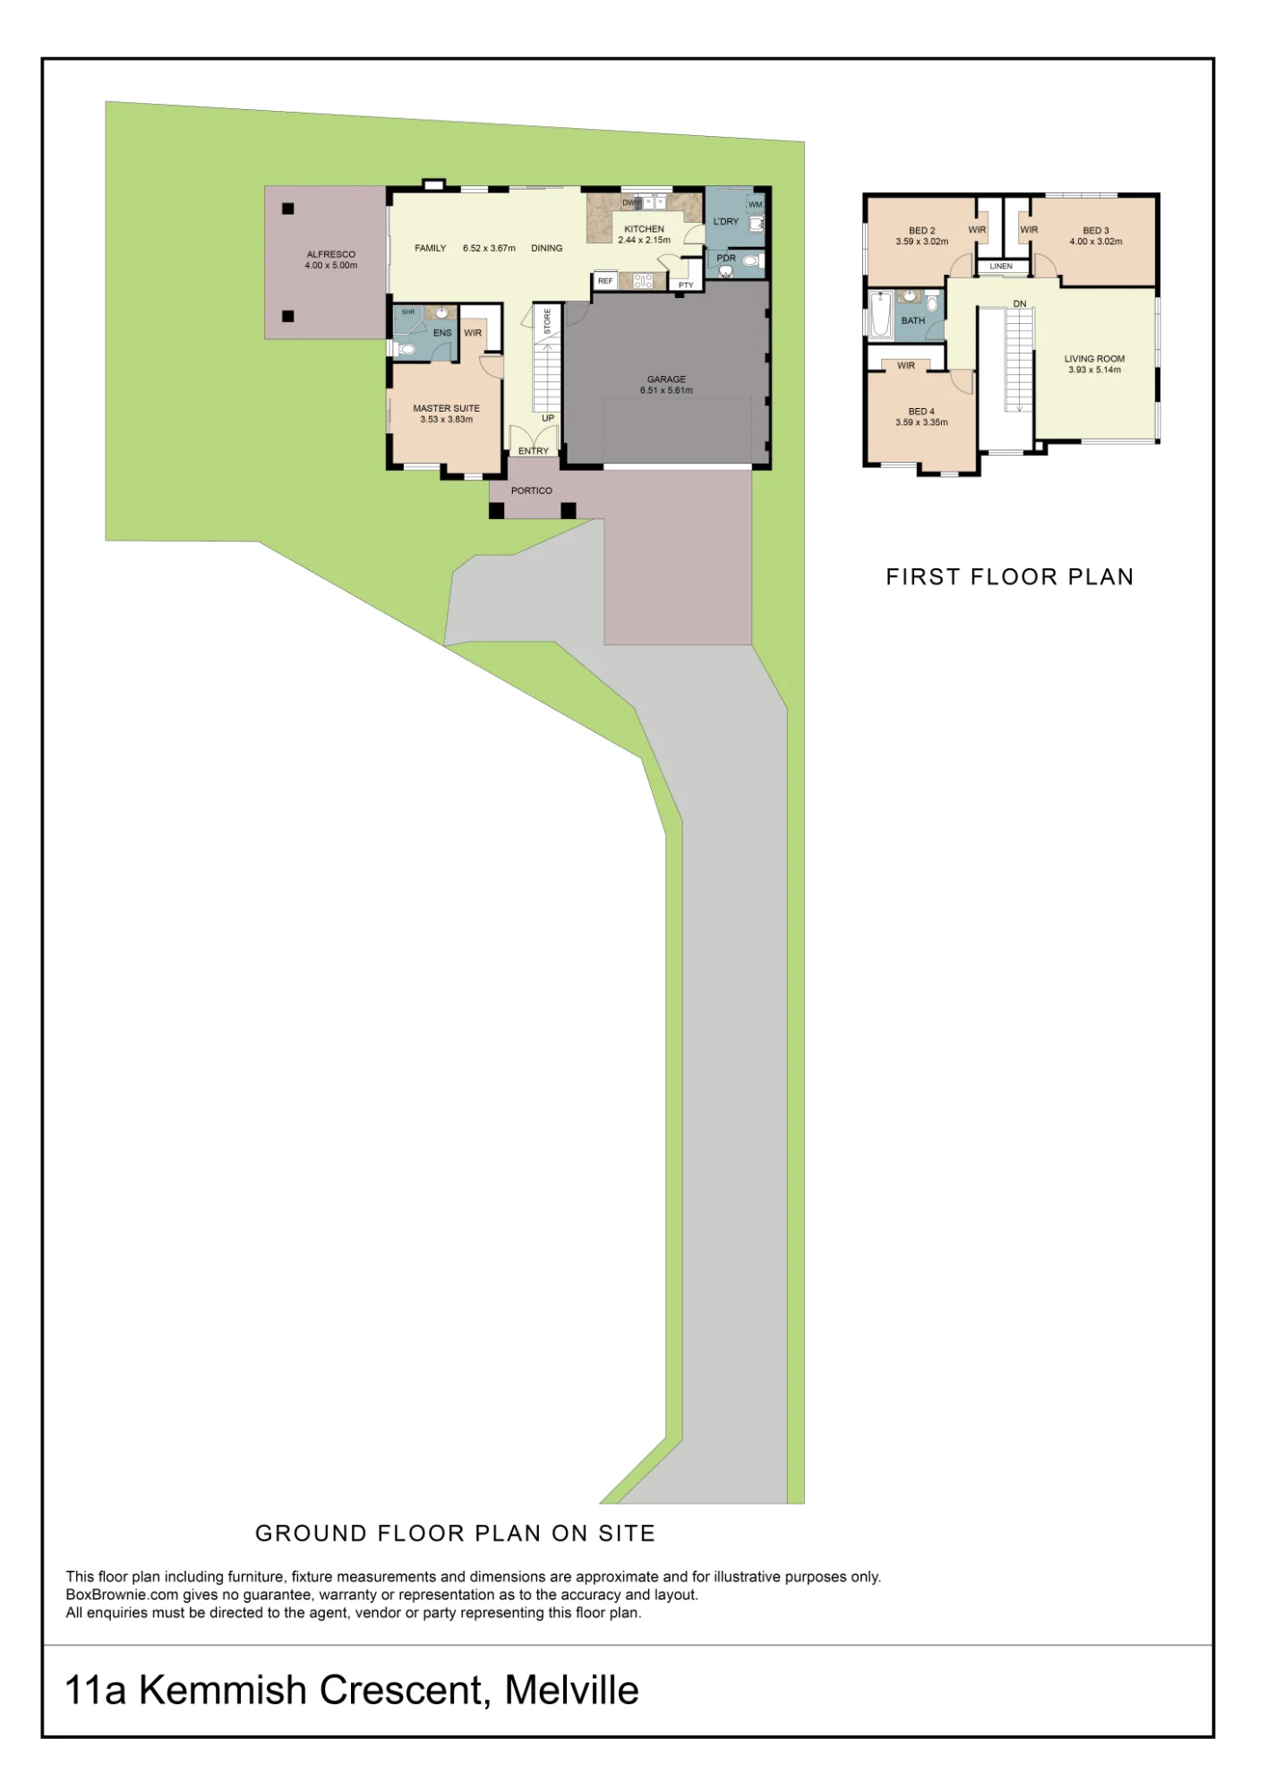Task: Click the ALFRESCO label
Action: (x=331, y=254)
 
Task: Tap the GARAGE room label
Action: (x=666, y=379)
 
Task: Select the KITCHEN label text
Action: (x=645, y=229)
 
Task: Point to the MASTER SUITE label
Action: (x=447, y=408)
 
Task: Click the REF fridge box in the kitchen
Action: (x=606, y=281)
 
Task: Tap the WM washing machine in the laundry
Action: (x=756, y=205)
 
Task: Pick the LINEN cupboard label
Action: (x=1001, y=267)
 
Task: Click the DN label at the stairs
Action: (x=1020, y=304)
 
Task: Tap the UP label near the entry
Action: (x=548, y=418)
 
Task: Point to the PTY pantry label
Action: (x=686, y=286)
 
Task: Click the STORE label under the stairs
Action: (x=548, y=321)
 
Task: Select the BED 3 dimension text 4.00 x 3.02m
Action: (x=1096, y=242)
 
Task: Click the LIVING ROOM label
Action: (x=1095, y=359)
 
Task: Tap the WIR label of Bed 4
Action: (x=906, y=366)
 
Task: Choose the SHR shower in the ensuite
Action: (x=408, y=320)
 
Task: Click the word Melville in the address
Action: (x=572, y=1691)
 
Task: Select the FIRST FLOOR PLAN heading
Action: (x=1010, y=577)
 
